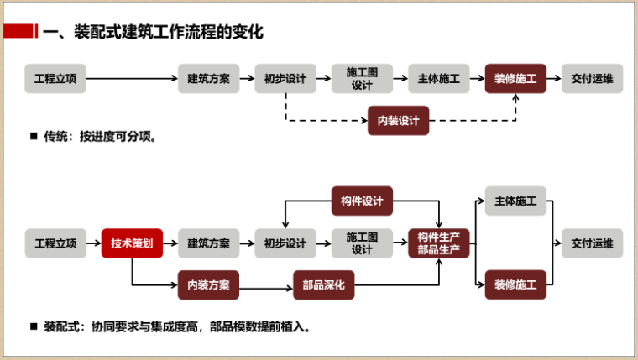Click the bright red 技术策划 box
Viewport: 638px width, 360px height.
132,243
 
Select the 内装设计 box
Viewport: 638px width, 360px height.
399,120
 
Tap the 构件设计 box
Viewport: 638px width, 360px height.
362,201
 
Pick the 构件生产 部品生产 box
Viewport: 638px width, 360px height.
438,243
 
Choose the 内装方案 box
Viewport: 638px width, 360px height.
208,284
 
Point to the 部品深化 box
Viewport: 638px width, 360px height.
323,284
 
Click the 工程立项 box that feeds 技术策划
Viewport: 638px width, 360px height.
55,243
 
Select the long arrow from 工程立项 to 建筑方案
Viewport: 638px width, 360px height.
133,79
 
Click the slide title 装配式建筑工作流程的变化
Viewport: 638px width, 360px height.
169,32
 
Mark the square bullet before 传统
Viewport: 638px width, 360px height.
34,136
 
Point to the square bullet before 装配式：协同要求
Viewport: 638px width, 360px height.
34,326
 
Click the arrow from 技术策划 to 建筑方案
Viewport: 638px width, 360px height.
170,243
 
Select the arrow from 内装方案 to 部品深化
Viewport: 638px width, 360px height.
266,289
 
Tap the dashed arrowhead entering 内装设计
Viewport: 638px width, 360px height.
364,120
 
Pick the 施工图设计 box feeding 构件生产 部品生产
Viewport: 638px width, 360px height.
362,243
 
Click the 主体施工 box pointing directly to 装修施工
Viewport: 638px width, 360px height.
438,79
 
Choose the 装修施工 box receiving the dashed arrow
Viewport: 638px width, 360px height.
515,79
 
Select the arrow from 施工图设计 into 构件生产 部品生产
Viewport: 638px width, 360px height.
400,243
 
